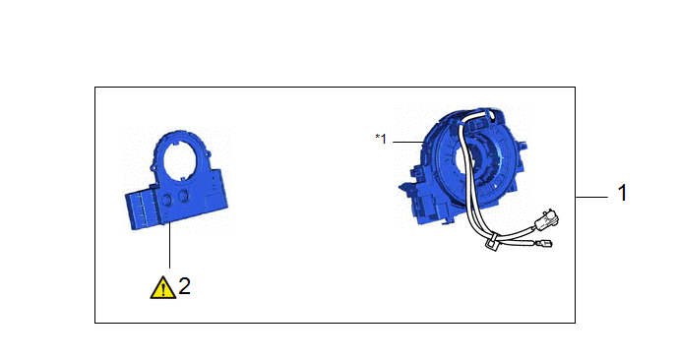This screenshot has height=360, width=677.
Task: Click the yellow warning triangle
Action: [162, 288]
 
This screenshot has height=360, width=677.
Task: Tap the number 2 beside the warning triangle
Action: [184, 286]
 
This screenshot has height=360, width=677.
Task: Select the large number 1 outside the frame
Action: [622, 193]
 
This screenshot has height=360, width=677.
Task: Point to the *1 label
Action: [381, 139]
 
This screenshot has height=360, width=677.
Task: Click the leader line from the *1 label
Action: [408, 142]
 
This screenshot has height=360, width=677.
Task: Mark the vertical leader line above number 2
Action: [169, 245]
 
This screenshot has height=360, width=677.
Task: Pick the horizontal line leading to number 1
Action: [591, 198]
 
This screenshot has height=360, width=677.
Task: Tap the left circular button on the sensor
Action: [165, 199]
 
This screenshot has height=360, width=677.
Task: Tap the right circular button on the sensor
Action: [183, 196]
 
